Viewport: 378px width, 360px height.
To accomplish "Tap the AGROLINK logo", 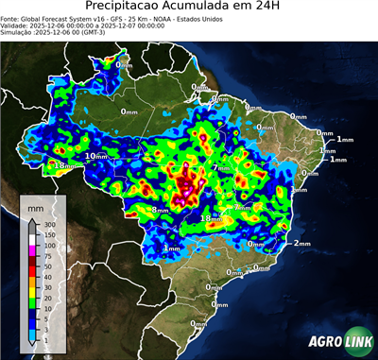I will point(340,343).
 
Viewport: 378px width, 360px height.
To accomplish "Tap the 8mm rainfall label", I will point(161,210).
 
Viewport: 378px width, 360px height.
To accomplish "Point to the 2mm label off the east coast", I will point(302,243).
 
